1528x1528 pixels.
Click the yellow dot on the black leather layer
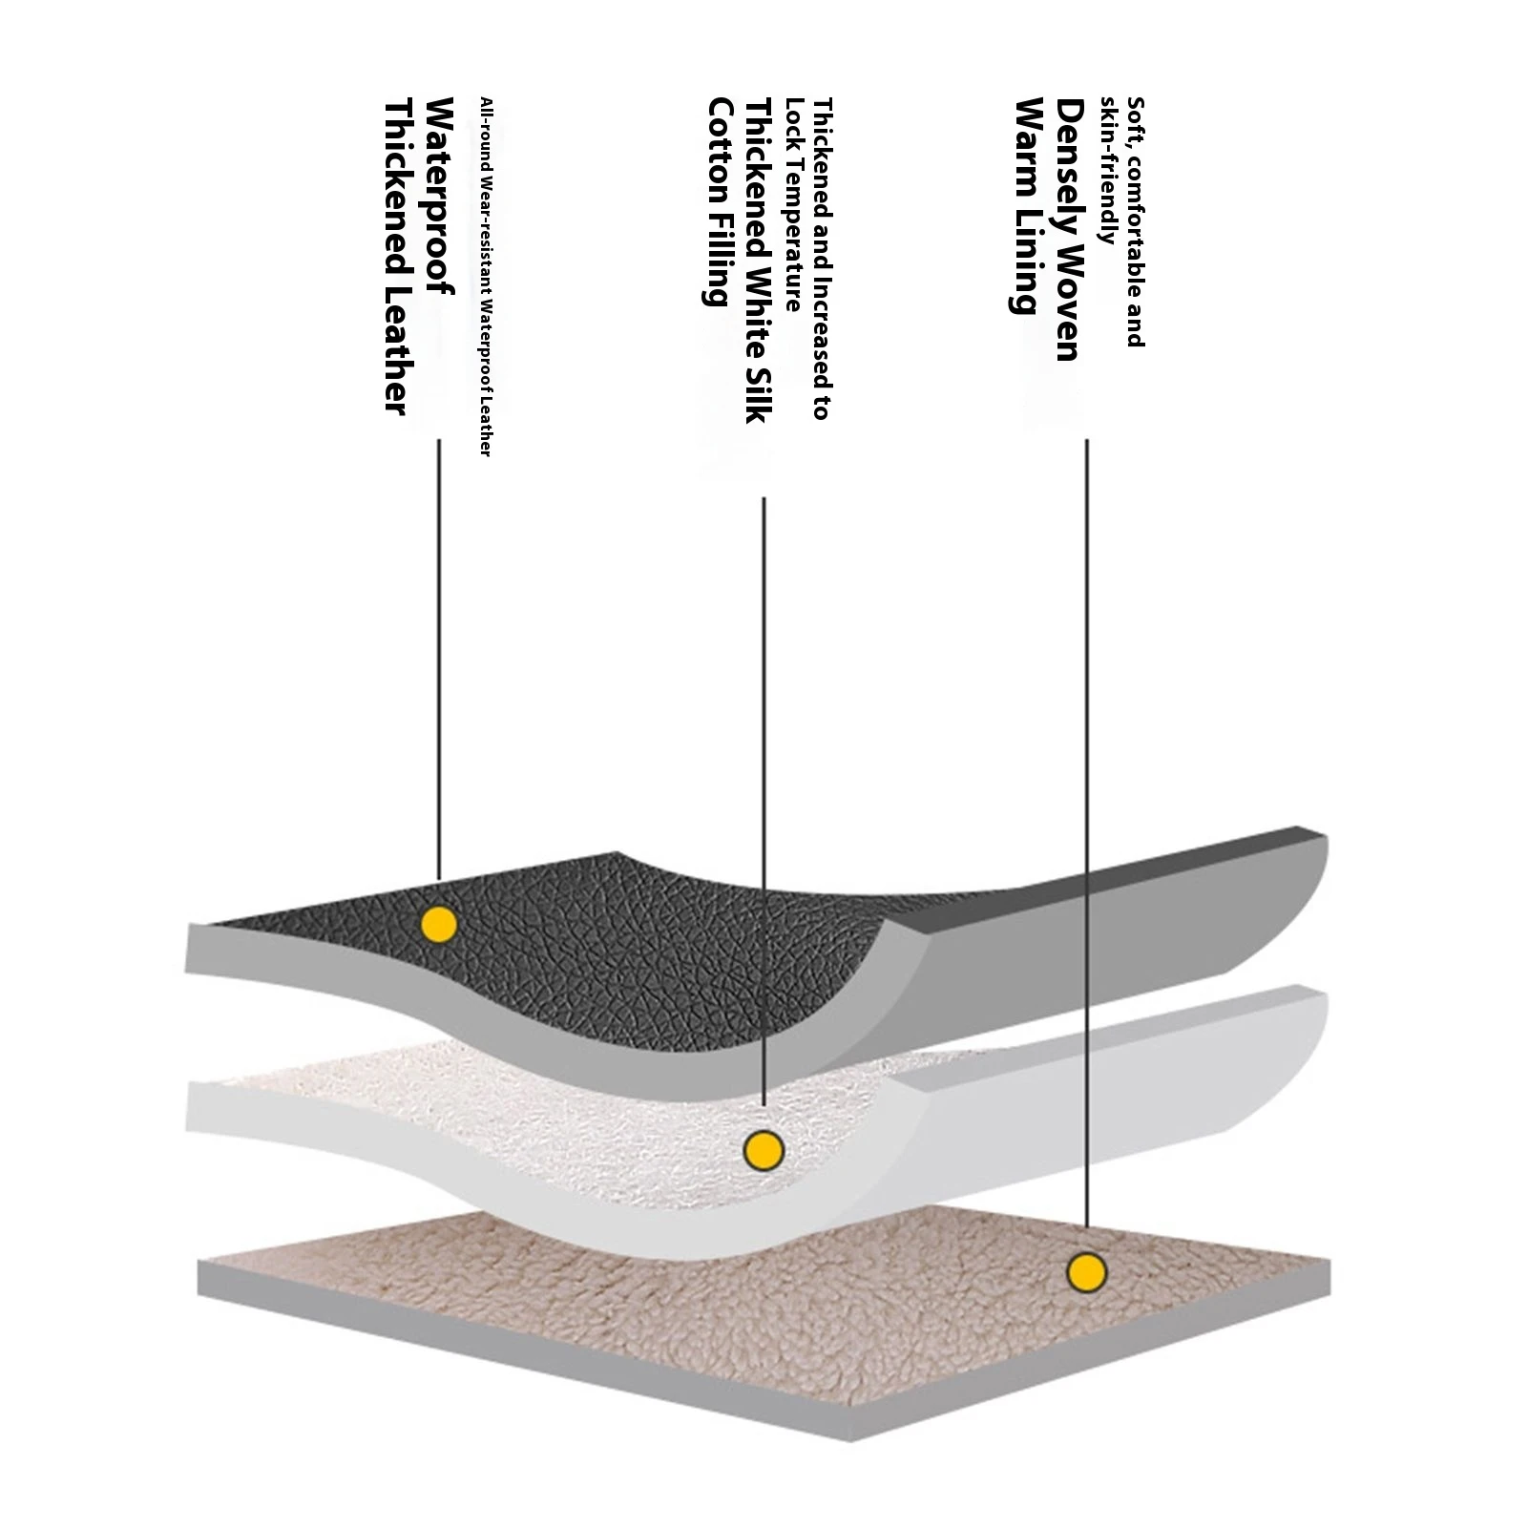pos(439,923)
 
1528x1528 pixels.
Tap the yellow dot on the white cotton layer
pos(764,1150)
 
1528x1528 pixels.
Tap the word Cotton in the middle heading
pos(719,142)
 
